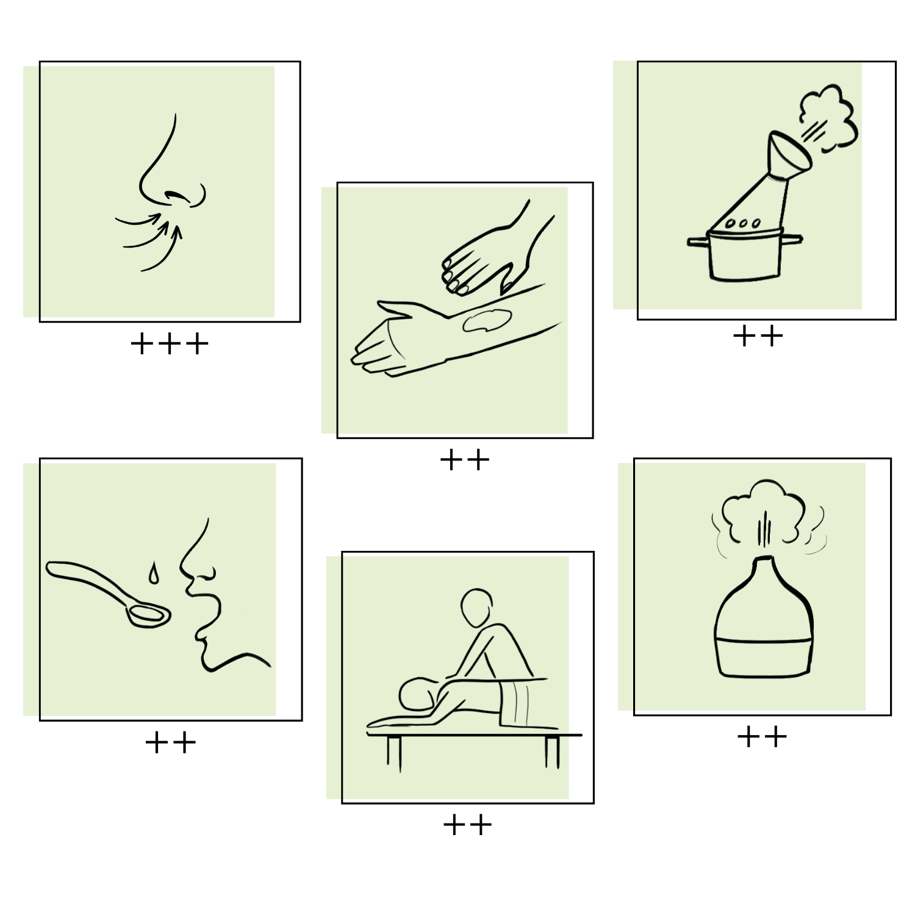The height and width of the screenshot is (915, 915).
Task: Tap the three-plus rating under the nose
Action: pos(170,344)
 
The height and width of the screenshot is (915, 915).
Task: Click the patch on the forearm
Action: pos(486,320)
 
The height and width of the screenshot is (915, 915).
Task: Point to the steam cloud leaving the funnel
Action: pos(829,118)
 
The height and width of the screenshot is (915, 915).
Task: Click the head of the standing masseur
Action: pos(476,608)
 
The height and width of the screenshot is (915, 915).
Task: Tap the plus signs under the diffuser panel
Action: pos(762,737)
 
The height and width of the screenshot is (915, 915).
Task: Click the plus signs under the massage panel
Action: pos(467,825)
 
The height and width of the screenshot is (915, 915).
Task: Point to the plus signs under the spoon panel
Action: pos(170,742)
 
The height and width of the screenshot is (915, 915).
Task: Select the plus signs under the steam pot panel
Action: pos(758,335)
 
